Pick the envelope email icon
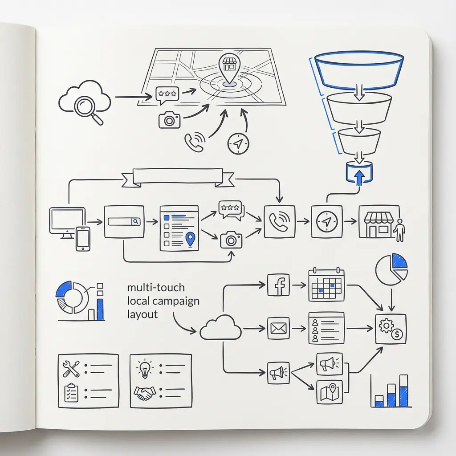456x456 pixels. coord(279,328)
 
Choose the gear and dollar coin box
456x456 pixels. coord(391,329)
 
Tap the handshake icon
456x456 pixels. coord(144,393)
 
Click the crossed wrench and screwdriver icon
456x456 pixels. coord(71,368)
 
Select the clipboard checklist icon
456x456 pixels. coord(71,393)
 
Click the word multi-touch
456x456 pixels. coord(156,288)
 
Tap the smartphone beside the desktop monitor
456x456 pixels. coord(83,239)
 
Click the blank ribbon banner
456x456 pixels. coord(178,177)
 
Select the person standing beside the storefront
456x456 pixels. coord(400,230)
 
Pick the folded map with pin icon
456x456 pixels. coord(330,392)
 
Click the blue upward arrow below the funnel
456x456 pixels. coord(360,177)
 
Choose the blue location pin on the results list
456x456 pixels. coord(190,239)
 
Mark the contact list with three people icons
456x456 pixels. coord(326,328)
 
